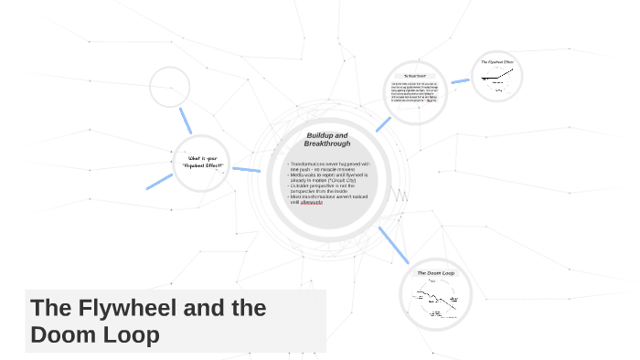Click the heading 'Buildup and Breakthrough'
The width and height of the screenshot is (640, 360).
pos(326,140)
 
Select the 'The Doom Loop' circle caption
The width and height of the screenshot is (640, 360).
pos(436,273)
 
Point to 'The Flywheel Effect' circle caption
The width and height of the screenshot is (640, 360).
pos(497,63)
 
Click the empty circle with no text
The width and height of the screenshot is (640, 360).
pos(169,86)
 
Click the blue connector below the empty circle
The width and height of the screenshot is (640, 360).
pos(186,120)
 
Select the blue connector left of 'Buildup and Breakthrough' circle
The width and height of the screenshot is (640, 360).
pos(246,169)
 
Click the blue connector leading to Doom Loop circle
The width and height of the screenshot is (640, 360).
pos(392,247)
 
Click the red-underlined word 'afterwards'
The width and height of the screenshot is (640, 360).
pos(312,202)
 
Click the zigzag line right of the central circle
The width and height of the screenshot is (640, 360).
pos(400,196)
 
